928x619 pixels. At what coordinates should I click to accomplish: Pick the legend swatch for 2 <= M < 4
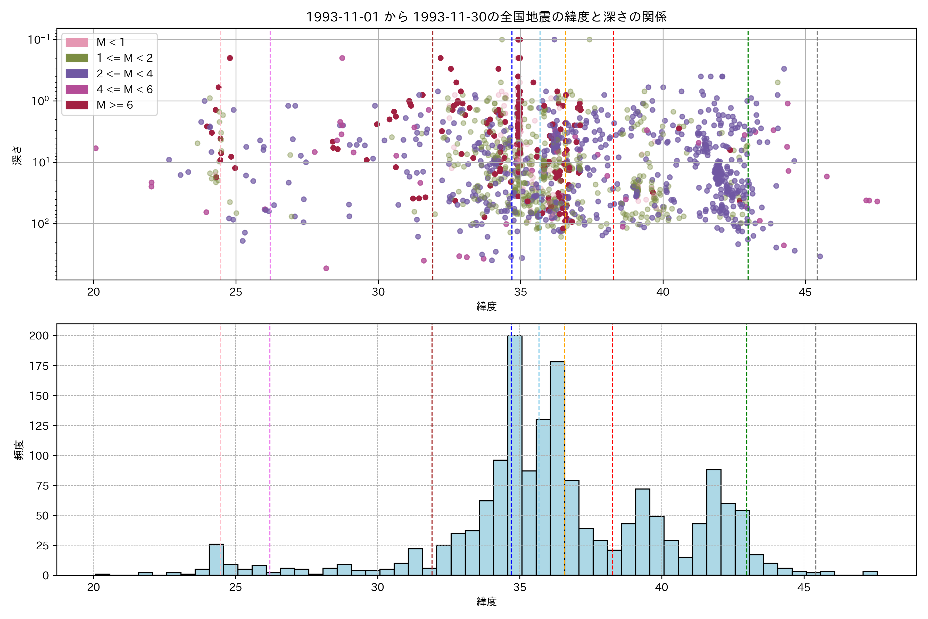click(77, 74)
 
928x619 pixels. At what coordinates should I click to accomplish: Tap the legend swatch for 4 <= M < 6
click(77, 89)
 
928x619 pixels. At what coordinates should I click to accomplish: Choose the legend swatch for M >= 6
click(77, 105)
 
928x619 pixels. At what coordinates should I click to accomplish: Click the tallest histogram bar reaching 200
click(515, 454)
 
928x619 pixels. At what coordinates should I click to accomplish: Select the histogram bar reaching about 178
click(557, 468)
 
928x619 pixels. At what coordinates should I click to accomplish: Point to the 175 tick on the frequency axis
click(39, 366)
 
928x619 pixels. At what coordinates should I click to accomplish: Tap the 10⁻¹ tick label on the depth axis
click(39, 39)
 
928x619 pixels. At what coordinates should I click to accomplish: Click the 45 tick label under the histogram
click(804, 588)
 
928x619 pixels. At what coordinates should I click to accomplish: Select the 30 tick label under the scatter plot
click(378, 292)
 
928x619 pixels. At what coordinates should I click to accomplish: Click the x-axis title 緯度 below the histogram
click(486, 602)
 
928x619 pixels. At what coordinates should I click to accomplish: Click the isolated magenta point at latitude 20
click(95, 149)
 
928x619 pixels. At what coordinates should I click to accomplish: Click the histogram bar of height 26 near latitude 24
click(216, 559)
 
